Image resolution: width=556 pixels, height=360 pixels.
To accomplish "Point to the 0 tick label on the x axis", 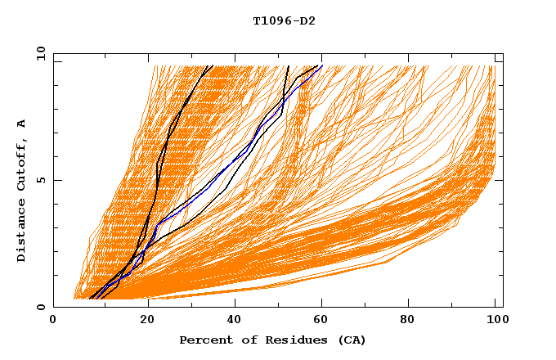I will point(54,322).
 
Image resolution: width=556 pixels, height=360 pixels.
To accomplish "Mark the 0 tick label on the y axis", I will point(41,307).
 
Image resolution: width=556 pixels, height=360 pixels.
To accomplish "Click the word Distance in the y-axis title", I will point(21,232).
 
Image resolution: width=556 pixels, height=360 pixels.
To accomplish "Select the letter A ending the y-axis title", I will point(21,124).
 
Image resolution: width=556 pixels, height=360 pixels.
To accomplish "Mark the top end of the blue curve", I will point(322,65).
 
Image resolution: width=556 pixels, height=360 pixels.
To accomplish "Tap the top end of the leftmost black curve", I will point(213,65).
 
